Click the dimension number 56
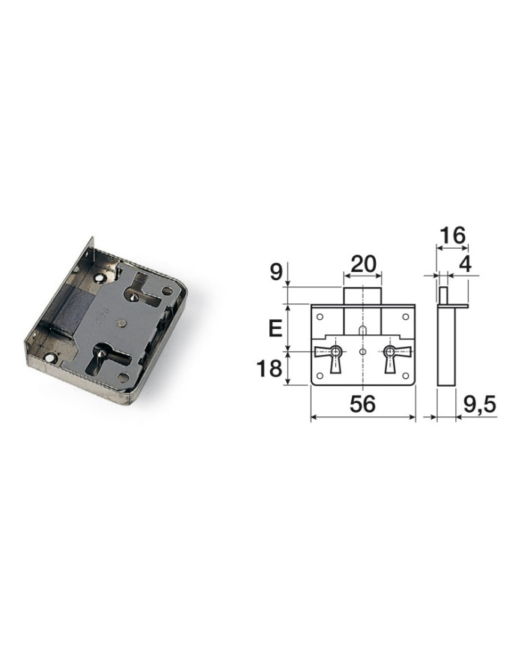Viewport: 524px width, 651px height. click(x=362, y=404)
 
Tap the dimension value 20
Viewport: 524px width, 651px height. click(x=363, y=264)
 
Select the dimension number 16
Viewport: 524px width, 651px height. click(x=452, y=235)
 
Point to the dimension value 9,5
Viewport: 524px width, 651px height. click(x=479, y=404)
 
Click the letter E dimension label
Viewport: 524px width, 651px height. click(x=275, y=328)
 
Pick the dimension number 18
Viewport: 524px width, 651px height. click(x=269, y=369)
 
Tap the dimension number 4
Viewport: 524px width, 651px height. click(x=466, y=264)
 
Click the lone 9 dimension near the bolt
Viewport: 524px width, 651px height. click(x=276, y=272)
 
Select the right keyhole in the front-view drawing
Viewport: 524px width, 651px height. click(x=390, y=357)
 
